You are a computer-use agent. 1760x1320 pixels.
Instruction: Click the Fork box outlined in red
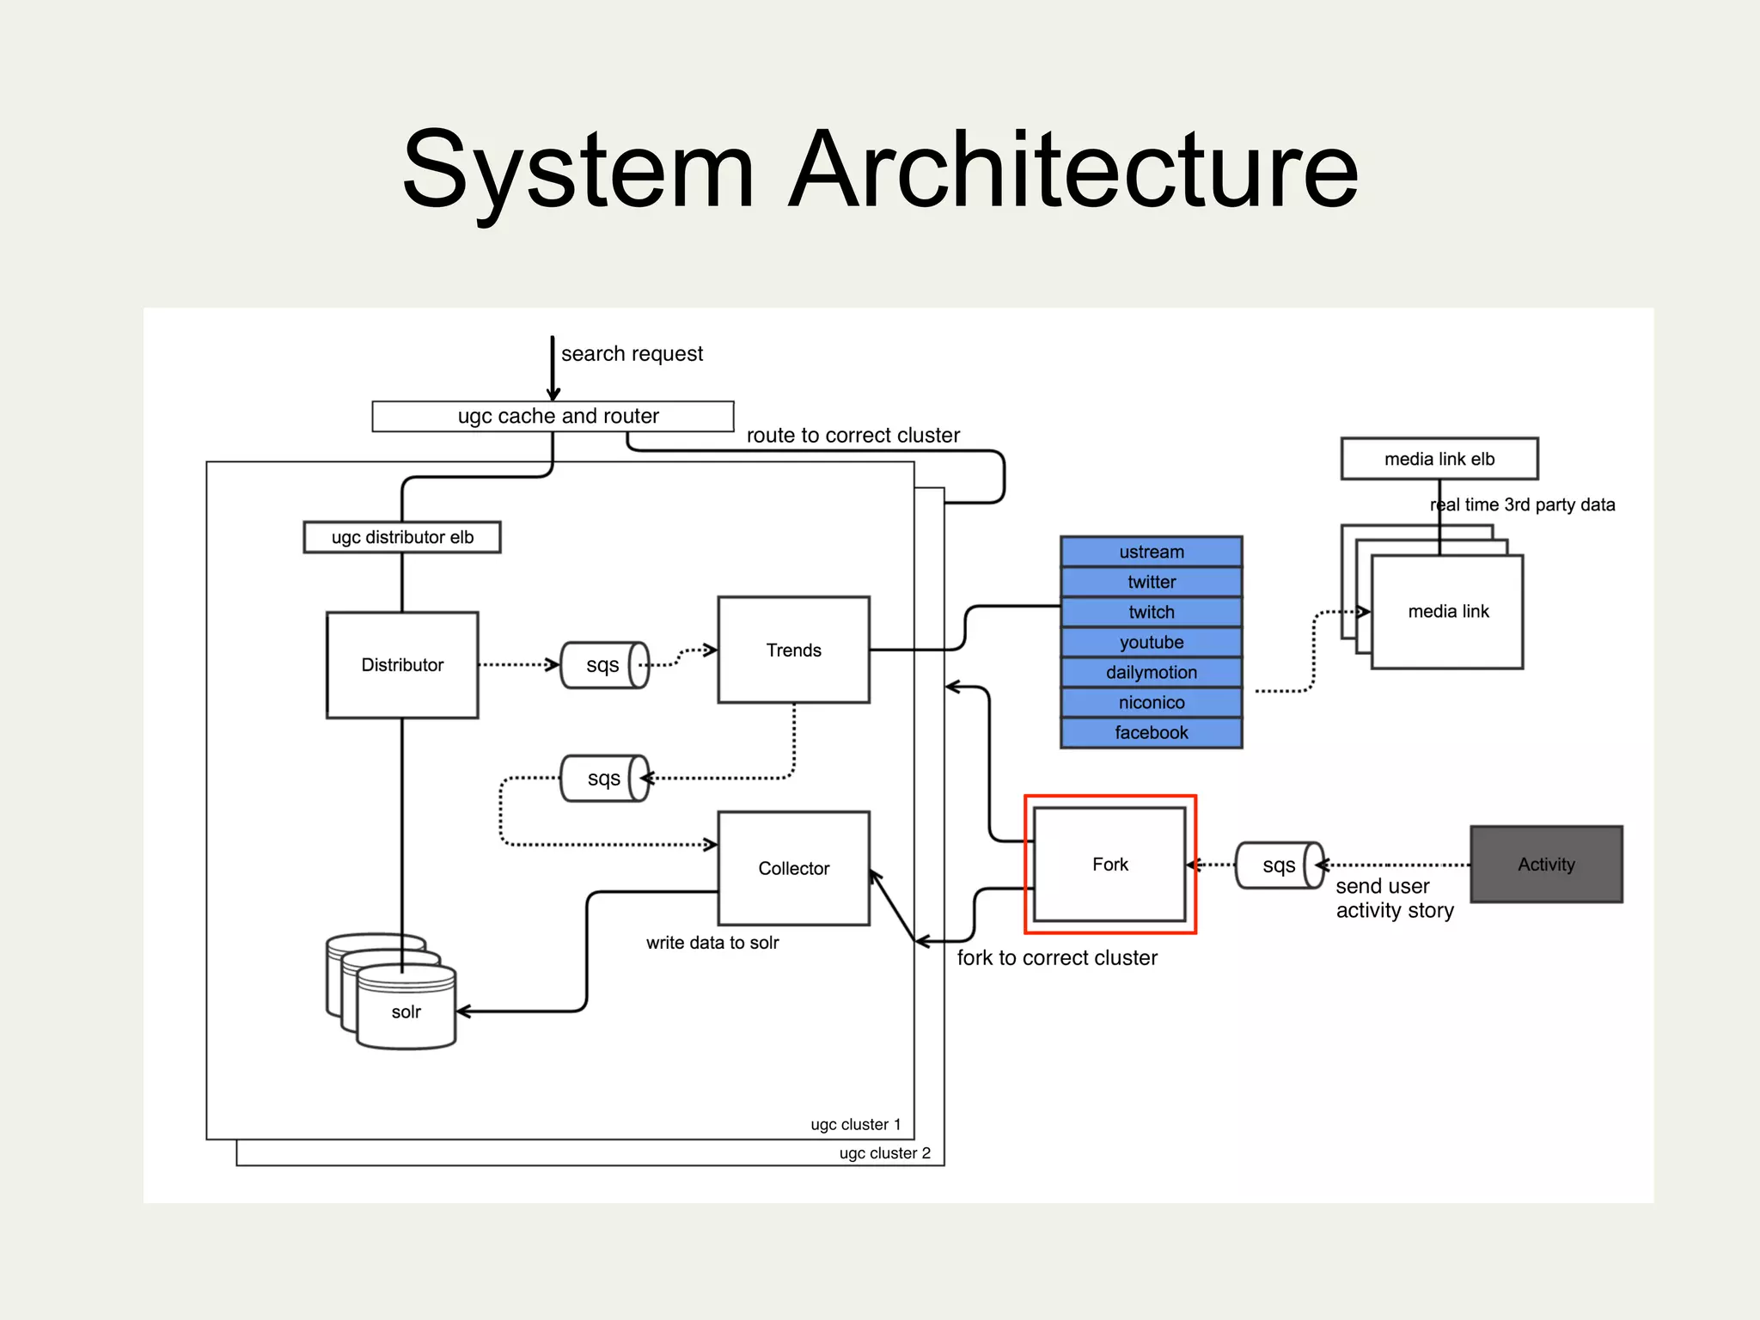[x=1109, y=864]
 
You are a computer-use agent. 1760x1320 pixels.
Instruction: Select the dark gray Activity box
[x=1546, y=864]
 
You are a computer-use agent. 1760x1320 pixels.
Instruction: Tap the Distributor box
[x=402, y=664]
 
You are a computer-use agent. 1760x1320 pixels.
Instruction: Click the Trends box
[x=793, y=650]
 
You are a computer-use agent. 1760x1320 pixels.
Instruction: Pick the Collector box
[x=793, y=868]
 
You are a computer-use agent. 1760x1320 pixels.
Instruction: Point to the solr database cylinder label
[x=406, y=1011]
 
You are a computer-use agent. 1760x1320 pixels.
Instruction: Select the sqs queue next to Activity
[x=1279, y=865]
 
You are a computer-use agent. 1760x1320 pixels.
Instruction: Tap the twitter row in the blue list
[x=1151, y=582]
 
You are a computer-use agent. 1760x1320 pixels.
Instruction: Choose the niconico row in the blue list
[x=1151, y=702]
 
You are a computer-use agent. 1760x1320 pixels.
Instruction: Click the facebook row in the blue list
[x=1151, y=732]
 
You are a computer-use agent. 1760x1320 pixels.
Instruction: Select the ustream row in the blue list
[x=1151, y=552]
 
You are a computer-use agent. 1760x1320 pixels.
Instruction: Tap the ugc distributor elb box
[x=402, y=537]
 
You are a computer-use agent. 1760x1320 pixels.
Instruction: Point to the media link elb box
[x=1439, y=459]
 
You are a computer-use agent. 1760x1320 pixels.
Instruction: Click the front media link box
[x=1447, y=611]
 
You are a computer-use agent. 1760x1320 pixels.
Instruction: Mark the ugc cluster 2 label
[x=884, y=1152]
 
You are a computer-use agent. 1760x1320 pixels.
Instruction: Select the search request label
[x=632, y=353]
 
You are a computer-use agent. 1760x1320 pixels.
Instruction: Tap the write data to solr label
[x=712, y=942]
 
